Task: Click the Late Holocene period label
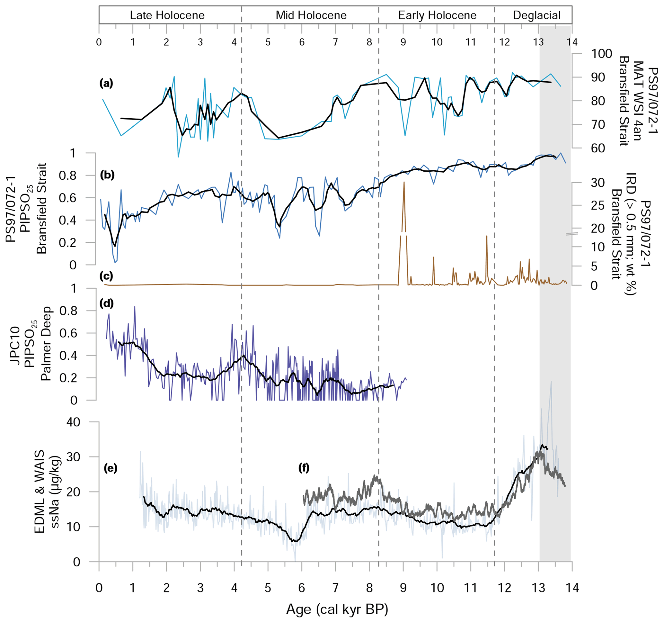tap(167, 15)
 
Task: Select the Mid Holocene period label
tap(311, 15)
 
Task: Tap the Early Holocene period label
tap(437, 15)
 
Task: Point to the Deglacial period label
tap(537, 15)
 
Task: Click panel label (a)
tap(106, 84)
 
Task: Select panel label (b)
tap(107, 175)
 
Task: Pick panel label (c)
tap(106, 276)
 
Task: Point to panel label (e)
tap(111, 468)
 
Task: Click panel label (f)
tap(304, 468)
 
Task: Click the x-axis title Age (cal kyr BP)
tap(337, 609)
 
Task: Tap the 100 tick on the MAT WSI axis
tap(602, 54)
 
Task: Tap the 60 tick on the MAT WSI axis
tap(598, 148)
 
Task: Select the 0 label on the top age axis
tap(99, 42)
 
